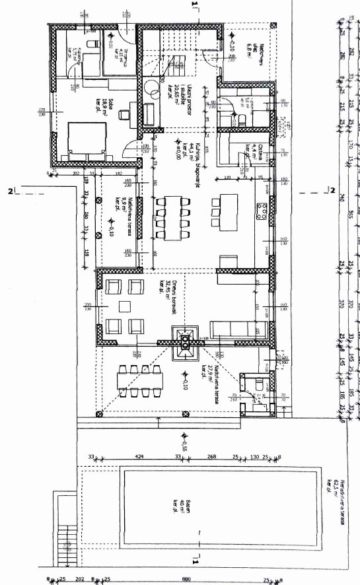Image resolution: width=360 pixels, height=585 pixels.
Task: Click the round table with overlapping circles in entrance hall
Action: [150, 88]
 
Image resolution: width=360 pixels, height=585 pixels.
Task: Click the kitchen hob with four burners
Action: [262, 212]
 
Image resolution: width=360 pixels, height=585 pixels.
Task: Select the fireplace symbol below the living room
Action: [186, 342]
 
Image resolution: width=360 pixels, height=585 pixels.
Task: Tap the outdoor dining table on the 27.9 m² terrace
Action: [139, 382]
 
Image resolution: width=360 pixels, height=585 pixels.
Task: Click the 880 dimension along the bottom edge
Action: [195, 580]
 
